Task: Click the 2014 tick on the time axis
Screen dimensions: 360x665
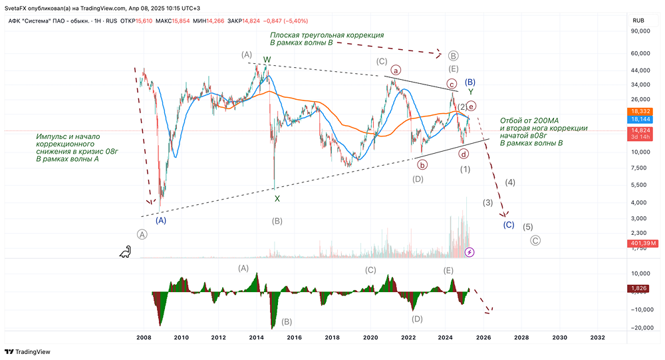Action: [257, 338]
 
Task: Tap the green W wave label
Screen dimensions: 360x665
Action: [267, 59]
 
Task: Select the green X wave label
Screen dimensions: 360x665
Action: [277, 198]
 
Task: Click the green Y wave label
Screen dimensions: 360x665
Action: [470, 91]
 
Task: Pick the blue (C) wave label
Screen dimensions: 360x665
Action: [508, 225]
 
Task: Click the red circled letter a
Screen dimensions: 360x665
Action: [396, 69]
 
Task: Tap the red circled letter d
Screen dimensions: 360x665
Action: [464, 154]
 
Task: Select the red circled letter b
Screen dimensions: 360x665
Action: [422, 164]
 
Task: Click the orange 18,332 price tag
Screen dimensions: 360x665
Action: [640, 110]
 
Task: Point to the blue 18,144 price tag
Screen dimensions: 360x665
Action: [640, 119]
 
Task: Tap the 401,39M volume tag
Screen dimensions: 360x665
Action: [642, 244]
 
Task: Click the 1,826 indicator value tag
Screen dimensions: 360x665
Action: [639, 288]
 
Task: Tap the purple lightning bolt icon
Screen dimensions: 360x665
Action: [469, 252]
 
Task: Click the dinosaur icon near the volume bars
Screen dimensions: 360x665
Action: [125, 252]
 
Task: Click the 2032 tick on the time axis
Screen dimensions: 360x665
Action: [597, 338]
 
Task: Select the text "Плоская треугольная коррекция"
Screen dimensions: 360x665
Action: [327, 35]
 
